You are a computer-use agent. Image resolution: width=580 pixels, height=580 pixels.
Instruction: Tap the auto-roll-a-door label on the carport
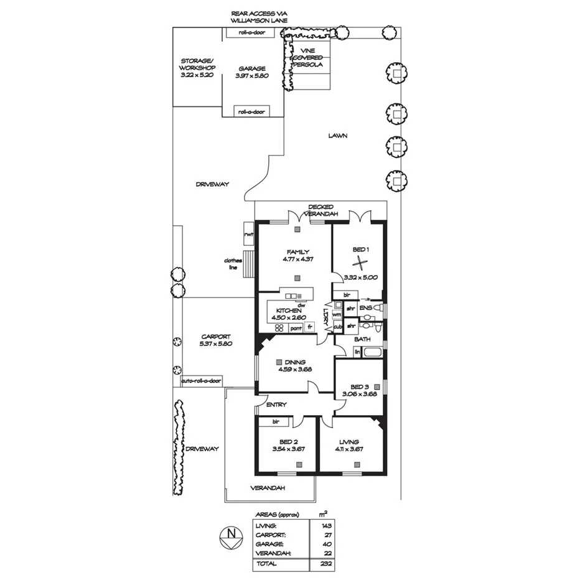pyautogui.click(x=201, y=381)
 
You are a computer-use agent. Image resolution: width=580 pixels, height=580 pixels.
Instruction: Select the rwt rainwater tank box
pyautogui.click(x=249, y=235)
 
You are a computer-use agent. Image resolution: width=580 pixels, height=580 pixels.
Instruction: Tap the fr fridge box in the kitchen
pyautogui.click(x=309, y=327)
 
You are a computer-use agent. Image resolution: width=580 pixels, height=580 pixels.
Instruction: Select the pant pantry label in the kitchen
pyautogui.click(x=296, y=327)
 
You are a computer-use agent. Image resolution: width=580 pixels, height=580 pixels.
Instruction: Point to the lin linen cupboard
pyautogui.click(x=357, y=352)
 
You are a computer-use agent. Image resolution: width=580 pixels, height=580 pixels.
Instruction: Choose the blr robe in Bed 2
pyautogui.click(x=274, y=421)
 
